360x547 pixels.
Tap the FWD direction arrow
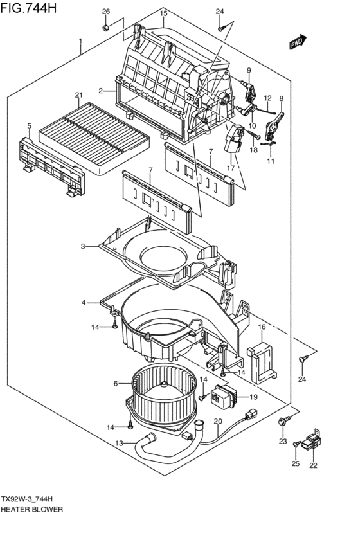(297, 42)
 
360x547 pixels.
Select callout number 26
(106, 12)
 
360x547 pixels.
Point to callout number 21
(78, 96)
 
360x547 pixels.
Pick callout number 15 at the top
(163, 13)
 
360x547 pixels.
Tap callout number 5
(29, 125)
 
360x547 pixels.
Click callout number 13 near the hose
(119, 443)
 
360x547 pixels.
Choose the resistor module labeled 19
(223, 395)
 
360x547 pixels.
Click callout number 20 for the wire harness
(217, 422)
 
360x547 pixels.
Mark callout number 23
(282, 441)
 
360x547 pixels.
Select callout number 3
(83, 246)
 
